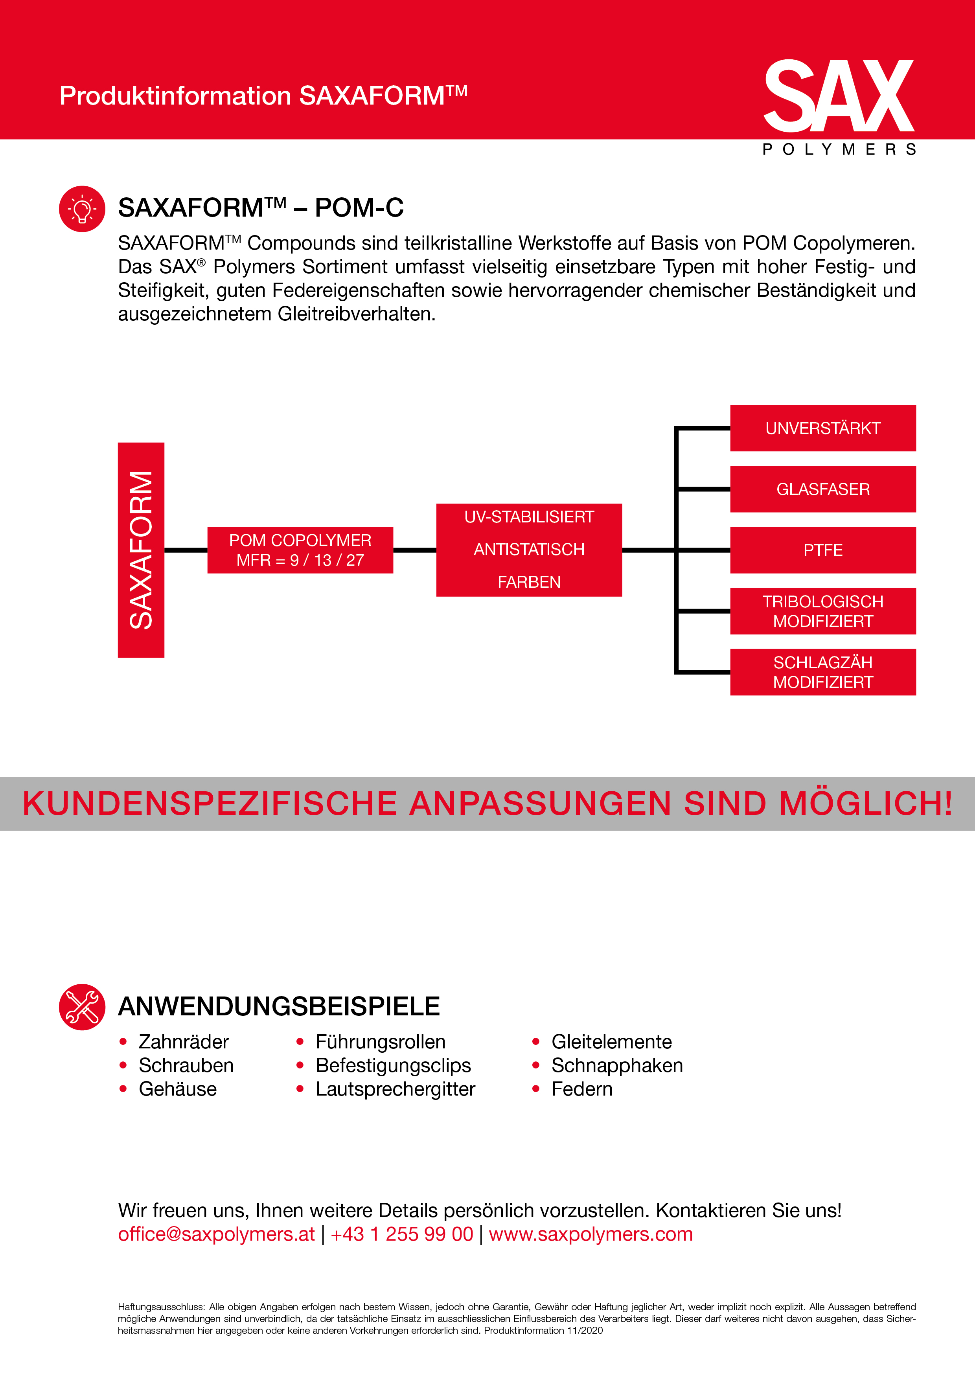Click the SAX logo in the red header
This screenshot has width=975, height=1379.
click(x=839, y=96)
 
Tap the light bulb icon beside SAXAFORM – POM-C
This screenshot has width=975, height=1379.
click(x=82, y=209)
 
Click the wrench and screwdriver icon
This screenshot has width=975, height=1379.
click(x=82, y=1007)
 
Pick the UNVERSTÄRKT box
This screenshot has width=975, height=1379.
click(x=822, y=428)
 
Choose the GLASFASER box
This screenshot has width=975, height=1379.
click(x=822, y=489)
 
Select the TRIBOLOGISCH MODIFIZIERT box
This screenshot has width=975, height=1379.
click(x=822, y=611)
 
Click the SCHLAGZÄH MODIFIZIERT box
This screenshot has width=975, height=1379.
click(x=822, y=672)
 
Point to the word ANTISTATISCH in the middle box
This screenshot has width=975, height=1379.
click(x=529, y=550)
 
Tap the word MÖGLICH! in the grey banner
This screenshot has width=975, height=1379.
click(x=865, y=803)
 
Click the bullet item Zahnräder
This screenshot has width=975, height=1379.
click(x=183, y=1041)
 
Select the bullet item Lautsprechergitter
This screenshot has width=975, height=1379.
click(x=395, y=1089)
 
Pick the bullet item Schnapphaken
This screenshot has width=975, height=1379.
click(x=617, y=1065)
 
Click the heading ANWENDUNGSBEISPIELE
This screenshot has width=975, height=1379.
click(x=279, y=1007)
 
